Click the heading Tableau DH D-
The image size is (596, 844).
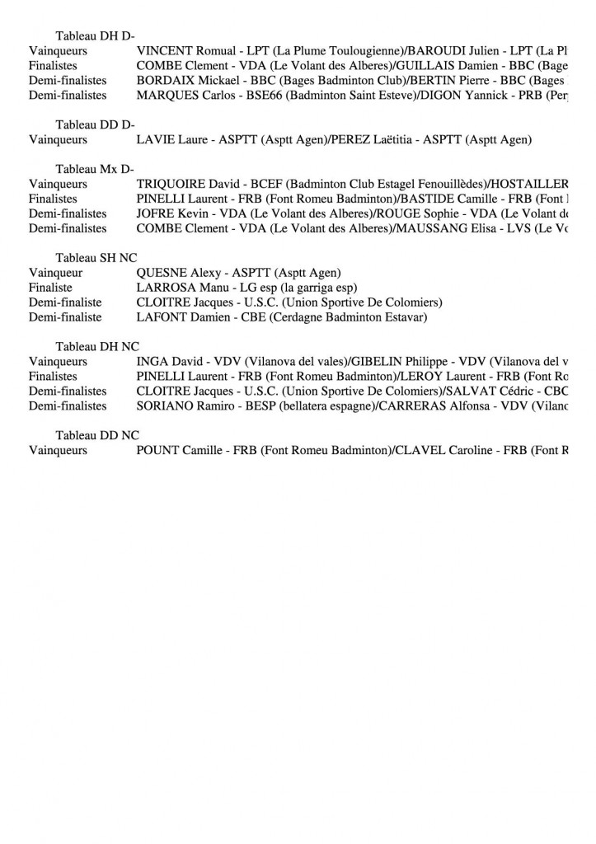click(95, 35)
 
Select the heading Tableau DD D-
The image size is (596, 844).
click(95, 124)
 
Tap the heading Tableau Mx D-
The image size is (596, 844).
click(95, 169)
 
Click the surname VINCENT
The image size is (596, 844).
click(162, 50)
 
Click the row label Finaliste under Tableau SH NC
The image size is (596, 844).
click(50, 288)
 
